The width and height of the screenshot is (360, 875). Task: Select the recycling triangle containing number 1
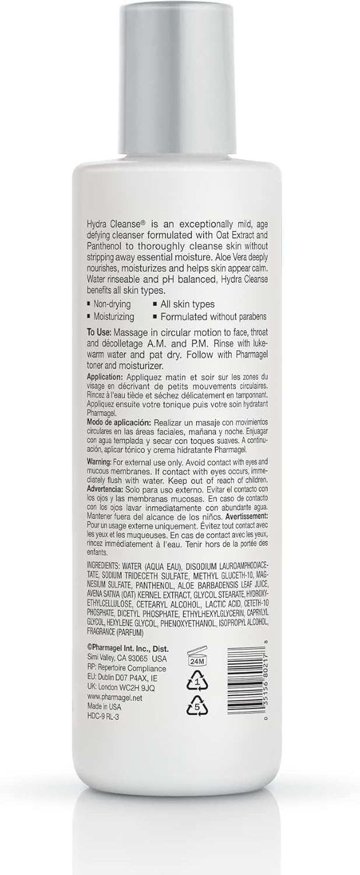[x=197, y=681]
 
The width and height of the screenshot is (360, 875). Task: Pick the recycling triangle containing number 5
[x=197, y=707]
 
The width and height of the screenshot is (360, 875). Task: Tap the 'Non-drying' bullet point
[x=111, y=304]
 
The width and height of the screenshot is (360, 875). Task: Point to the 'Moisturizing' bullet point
[x=113, y=317]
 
